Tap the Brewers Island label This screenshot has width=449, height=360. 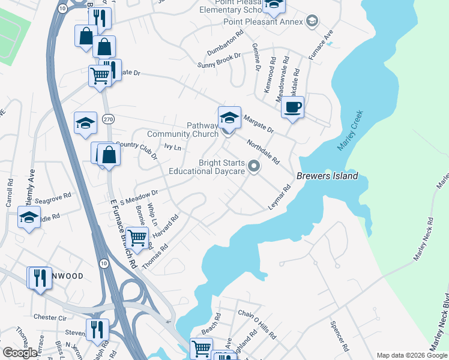tap(327, 176)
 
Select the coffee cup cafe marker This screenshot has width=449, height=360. tap(292, 108)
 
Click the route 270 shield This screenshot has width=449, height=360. tap(107, 120)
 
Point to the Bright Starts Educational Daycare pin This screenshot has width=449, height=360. tap(254, 167)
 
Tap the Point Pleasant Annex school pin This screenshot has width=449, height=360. tap(312, 22)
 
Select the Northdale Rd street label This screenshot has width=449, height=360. tap(262, 152)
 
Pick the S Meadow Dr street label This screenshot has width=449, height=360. tap(139, 197)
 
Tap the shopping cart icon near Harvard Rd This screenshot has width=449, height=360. tap(138, 238)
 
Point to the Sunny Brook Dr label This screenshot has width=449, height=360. tap(219, 59)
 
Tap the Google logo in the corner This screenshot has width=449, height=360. tap(20, 353)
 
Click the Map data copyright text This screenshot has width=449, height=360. tap(411, 355)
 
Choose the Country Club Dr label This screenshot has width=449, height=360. tap(135, 148)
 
